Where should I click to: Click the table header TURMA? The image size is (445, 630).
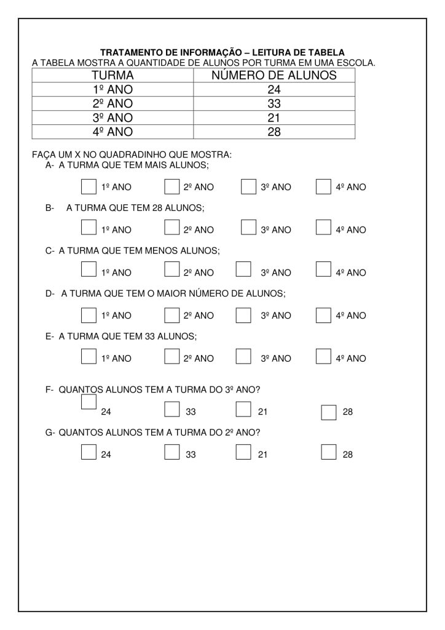(x=112, y=76)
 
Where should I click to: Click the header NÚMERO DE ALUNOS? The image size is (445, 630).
(x=274, y=76)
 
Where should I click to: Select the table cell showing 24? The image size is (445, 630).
(x=274, y=90)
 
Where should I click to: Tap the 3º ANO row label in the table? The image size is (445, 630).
(x=112, y=118)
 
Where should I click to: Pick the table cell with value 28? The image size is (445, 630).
(x=274, y=132)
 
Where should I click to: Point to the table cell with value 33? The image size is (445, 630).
(x=274, y=104)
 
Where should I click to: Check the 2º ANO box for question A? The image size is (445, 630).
(x=172, y=186)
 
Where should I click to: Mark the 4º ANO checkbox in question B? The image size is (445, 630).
(x=323, y=228)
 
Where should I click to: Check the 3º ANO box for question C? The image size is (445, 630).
(x=244, y=269)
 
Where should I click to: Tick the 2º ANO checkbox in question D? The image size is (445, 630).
(x=172, y=314)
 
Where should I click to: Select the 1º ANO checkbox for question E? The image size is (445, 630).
(x=89, y=356)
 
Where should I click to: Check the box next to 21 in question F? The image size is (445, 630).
(x=244, y=409)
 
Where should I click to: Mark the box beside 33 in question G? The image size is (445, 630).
(x=172, y=453)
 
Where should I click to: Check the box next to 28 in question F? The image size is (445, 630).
(x=329, y=412)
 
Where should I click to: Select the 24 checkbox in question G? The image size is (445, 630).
(x=89, y=453)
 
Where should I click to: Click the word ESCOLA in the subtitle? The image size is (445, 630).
(x=356, y=62)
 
